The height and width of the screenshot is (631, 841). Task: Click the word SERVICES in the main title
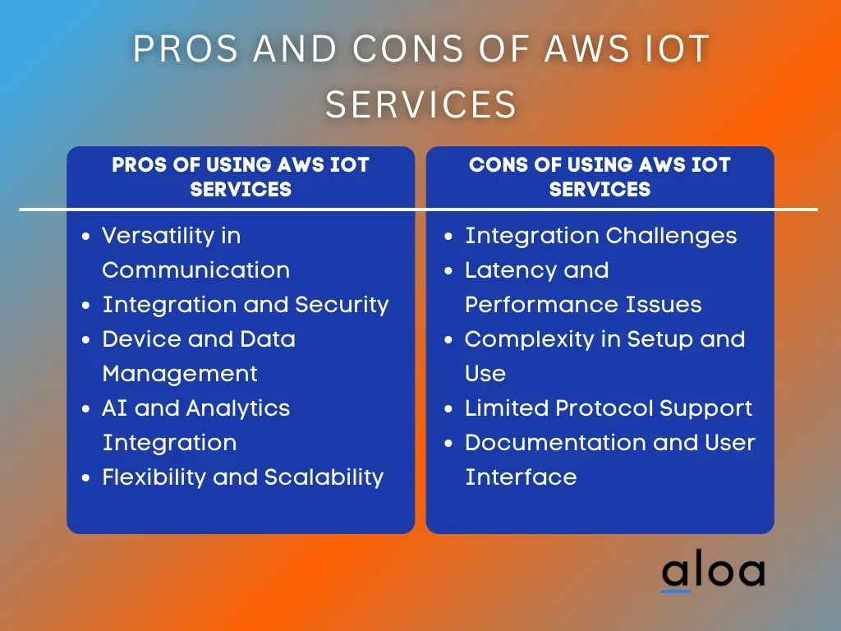[x=420, y=104]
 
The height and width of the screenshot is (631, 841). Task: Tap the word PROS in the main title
[x=185, y=48]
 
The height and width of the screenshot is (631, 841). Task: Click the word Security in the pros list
[x=342, y=305]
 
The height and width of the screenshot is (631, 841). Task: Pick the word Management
[x=180, y=374]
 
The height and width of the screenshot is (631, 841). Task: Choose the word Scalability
[x=324, y=477]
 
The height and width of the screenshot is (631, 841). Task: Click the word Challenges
[x=671, y=236]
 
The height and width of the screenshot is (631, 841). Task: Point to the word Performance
[x=534, y=305]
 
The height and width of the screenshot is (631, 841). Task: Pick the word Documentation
[x=555, y=443]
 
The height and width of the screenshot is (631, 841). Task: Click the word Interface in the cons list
[x=521, y=477]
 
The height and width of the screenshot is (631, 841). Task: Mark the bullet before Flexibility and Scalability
[x=85, y=477]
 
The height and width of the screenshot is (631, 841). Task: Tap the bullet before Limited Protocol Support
[x=449, y=409]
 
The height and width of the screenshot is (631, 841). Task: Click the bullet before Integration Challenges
[x=449, y=237]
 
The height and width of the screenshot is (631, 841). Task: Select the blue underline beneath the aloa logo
[x=676, y=592]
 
